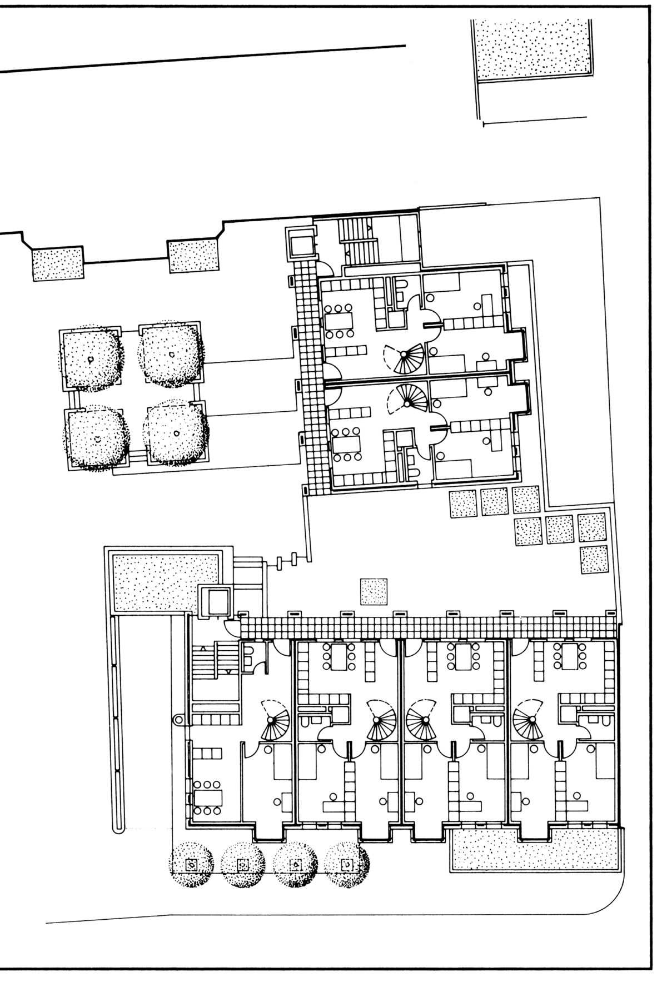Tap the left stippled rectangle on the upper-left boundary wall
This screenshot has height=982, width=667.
[x=58, y=264]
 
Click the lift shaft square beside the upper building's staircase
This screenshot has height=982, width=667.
[x=300, y=243]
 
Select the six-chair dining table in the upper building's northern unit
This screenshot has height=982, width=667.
[x=340, y=321]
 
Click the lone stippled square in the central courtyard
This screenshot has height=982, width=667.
[x=374, y=591]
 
